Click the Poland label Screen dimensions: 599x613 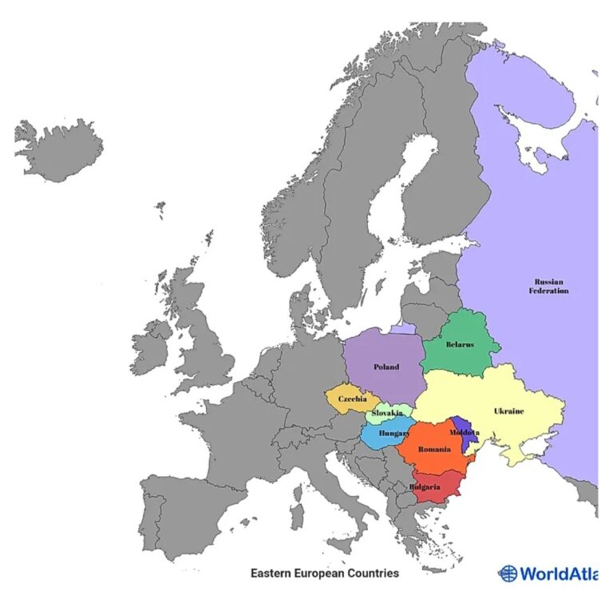pos(386,367)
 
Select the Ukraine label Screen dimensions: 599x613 pos(508,411)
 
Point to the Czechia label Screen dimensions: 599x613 pos(352,399)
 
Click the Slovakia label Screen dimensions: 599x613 pos(387,414)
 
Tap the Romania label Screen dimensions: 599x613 pos(434,451)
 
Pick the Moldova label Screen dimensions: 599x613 pos(464,432)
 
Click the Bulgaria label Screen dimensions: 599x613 pos(425,487)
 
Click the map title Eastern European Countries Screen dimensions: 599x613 pos(325,573)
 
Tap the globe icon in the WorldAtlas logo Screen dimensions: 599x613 pos(508,573)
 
